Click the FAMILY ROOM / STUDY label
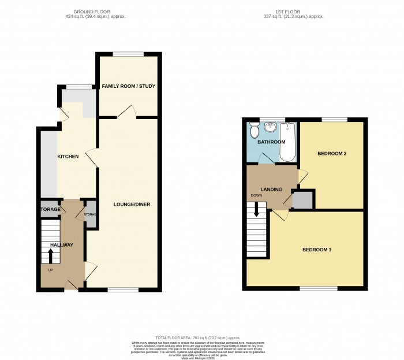[129, 86]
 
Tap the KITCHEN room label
[68, 157]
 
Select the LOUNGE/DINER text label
[129, 205]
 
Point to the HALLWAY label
[62, 245]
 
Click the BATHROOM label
[271, 142]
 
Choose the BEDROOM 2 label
[332, 154]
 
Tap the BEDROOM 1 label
[317, 250]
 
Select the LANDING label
[271, 189]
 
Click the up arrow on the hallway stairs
[50, 254]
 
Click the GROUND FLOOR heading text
[95, 12]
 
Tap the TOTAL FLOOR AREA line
[201, 337]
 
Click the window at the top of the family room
[128, 54]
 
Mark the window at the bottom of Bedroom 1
[311, 288]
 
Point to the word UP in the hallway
[51, 270]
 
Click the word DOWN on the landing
[257, 195]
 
